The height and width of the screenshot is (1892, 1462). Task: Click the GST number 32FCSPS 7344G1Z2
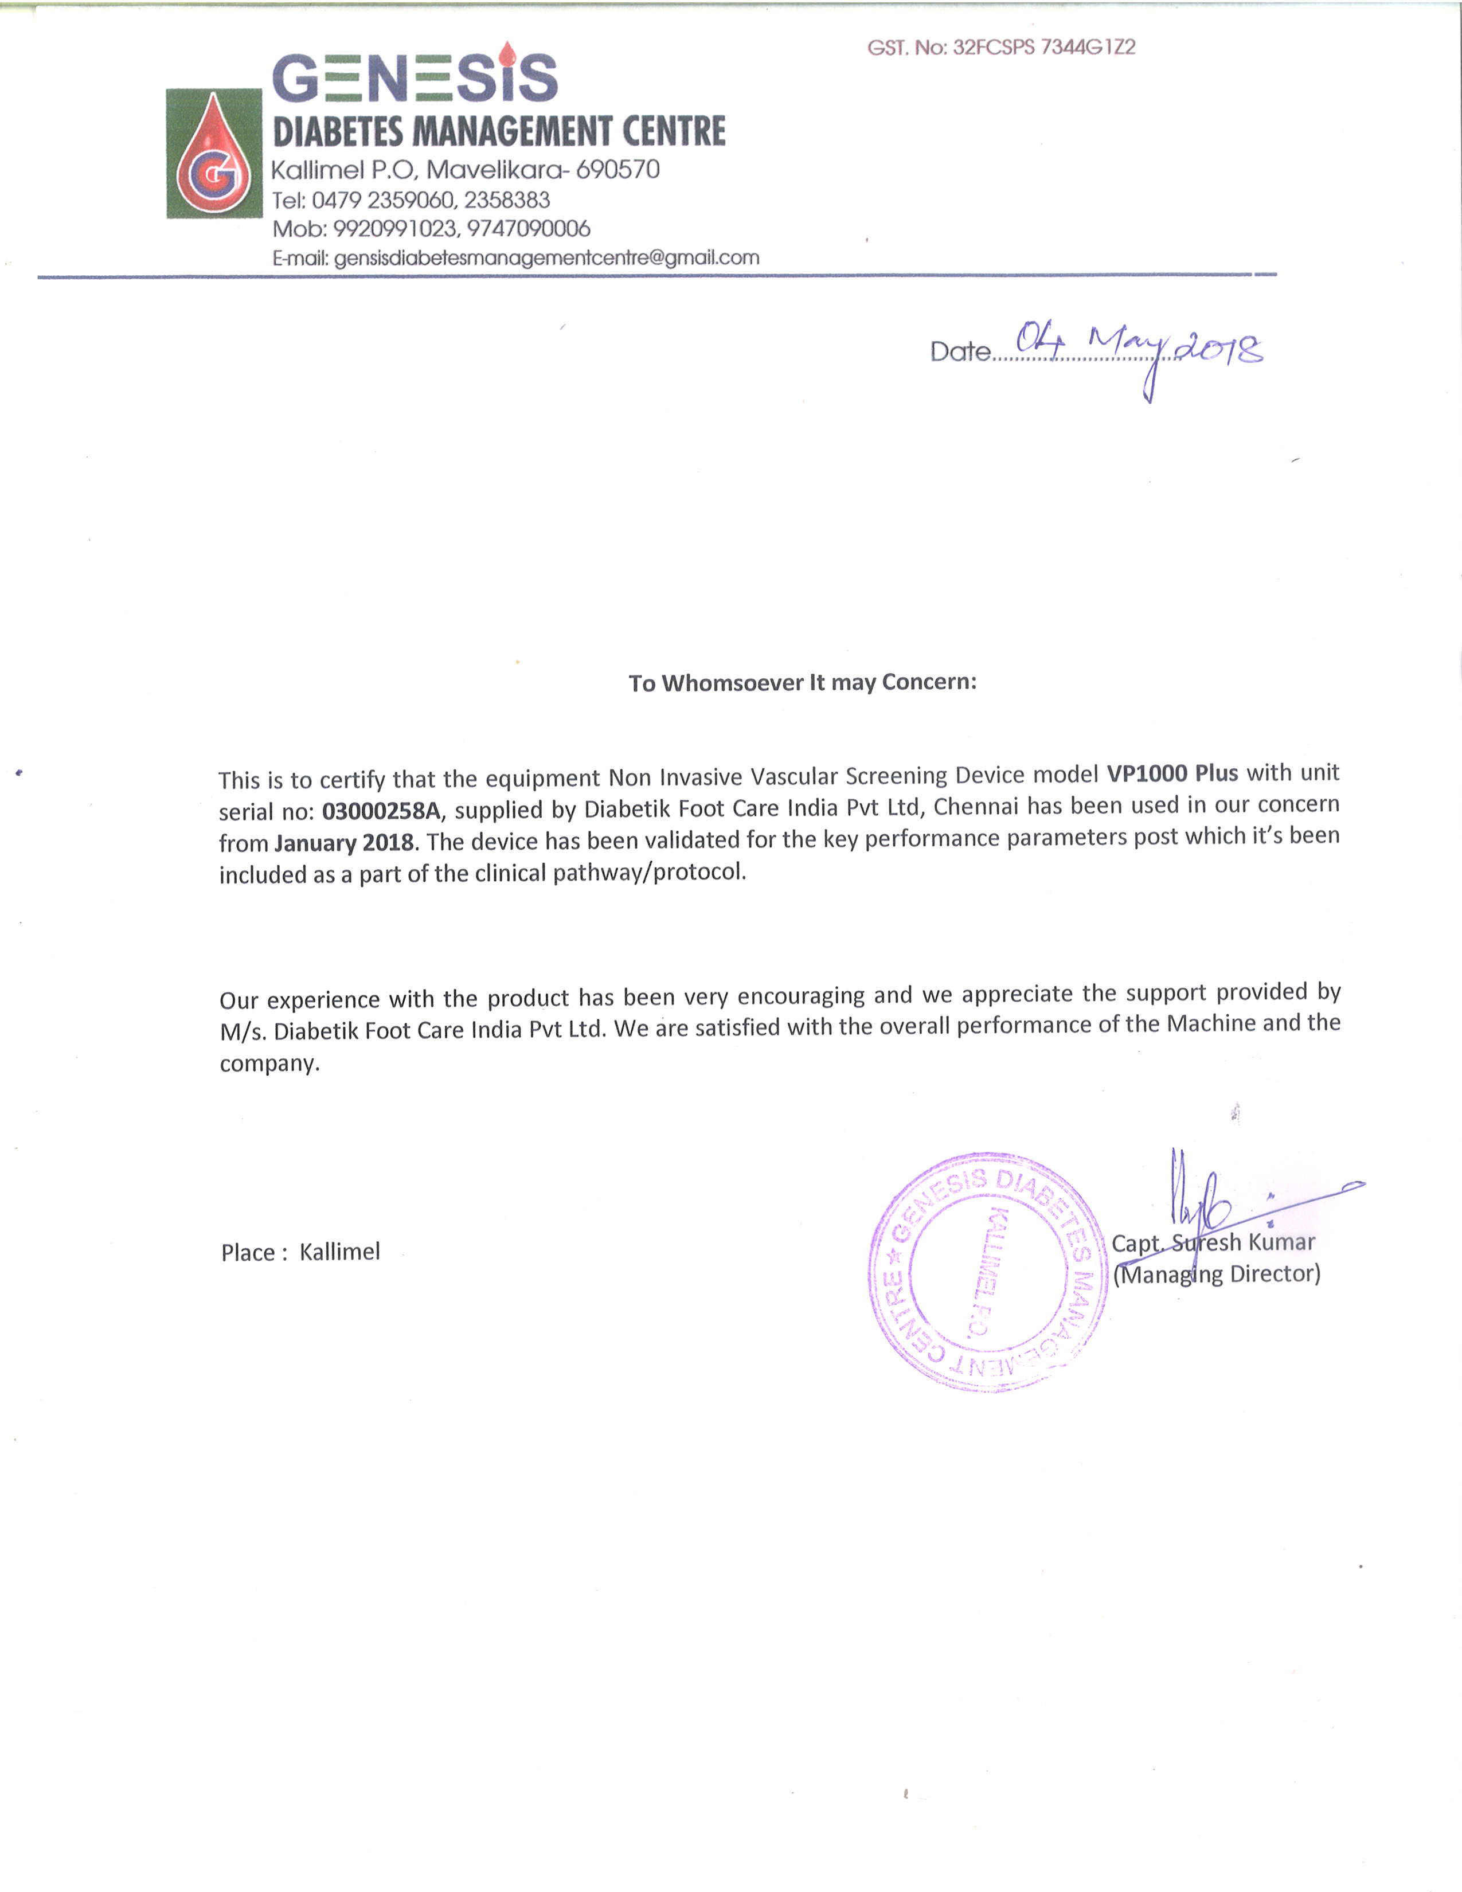point(1043,48)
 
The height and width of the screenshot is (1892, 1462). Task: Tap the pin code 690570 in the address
point(617,170)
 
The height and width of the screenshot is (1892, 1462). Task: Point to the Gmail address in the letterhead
point(546,258)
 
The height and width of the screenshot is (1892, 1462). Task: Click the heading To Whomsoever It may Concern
point(802,683)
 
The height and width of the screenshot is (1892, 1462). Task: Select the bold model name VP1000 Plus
point(1172,773)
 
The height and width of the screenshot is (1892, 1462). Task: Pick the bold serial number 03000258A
point(381,811)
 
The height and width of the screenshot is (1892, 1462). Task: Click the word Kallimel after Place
point(339,1252)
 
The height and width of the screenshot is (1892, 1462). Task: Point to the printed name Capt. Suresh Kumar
point(1213,1243)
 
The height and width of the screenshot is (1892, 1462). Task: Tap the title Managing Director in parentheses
point(1216,1275)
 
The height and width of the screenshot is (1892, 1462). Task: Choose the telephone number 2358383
point(507,200)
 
